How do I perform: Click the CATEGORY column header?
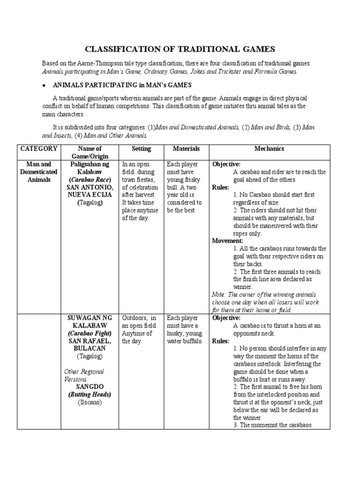(x=39, y=149)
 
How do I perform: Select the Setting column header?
(x=141, y=149)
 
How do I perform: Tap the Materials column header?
(x=186, y=149)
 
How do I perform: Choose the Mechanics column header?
(x=269, y=149)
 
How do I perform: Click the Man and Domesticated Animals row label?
(x=39, y=172)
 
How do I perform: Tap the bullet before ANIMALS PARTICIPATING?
(x=44, y=85)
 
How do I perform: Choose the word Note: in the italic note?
(x=220, y=294)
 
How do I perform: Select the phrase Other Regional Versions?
(x=84, y=375)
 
